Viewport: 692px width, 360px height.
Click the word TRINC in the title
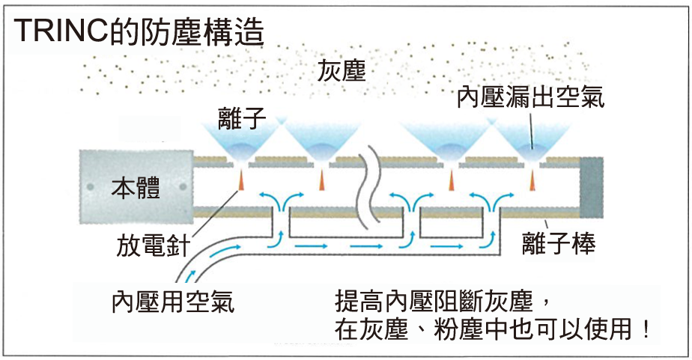pyautogui.click(x=57, y=31)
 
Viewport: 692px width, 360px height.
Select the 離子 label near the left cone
pyautogui.click(x=243, y=117)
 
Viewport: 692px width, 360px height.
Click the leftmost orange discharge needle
pyautogui.click(x=243, y=180)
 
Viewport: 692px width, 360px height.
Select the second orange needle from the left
pyautogui.click(x=321, y=180)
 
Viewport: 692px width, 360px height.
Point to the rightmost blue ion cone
pyautogui.click(x=532, y=141)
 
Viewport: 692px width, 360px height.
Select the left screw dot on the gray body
pyautogui.click(x=89, y=185)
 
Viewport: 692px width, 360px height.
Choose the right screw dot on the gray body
pyautogui.click(x=183, y=185)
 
